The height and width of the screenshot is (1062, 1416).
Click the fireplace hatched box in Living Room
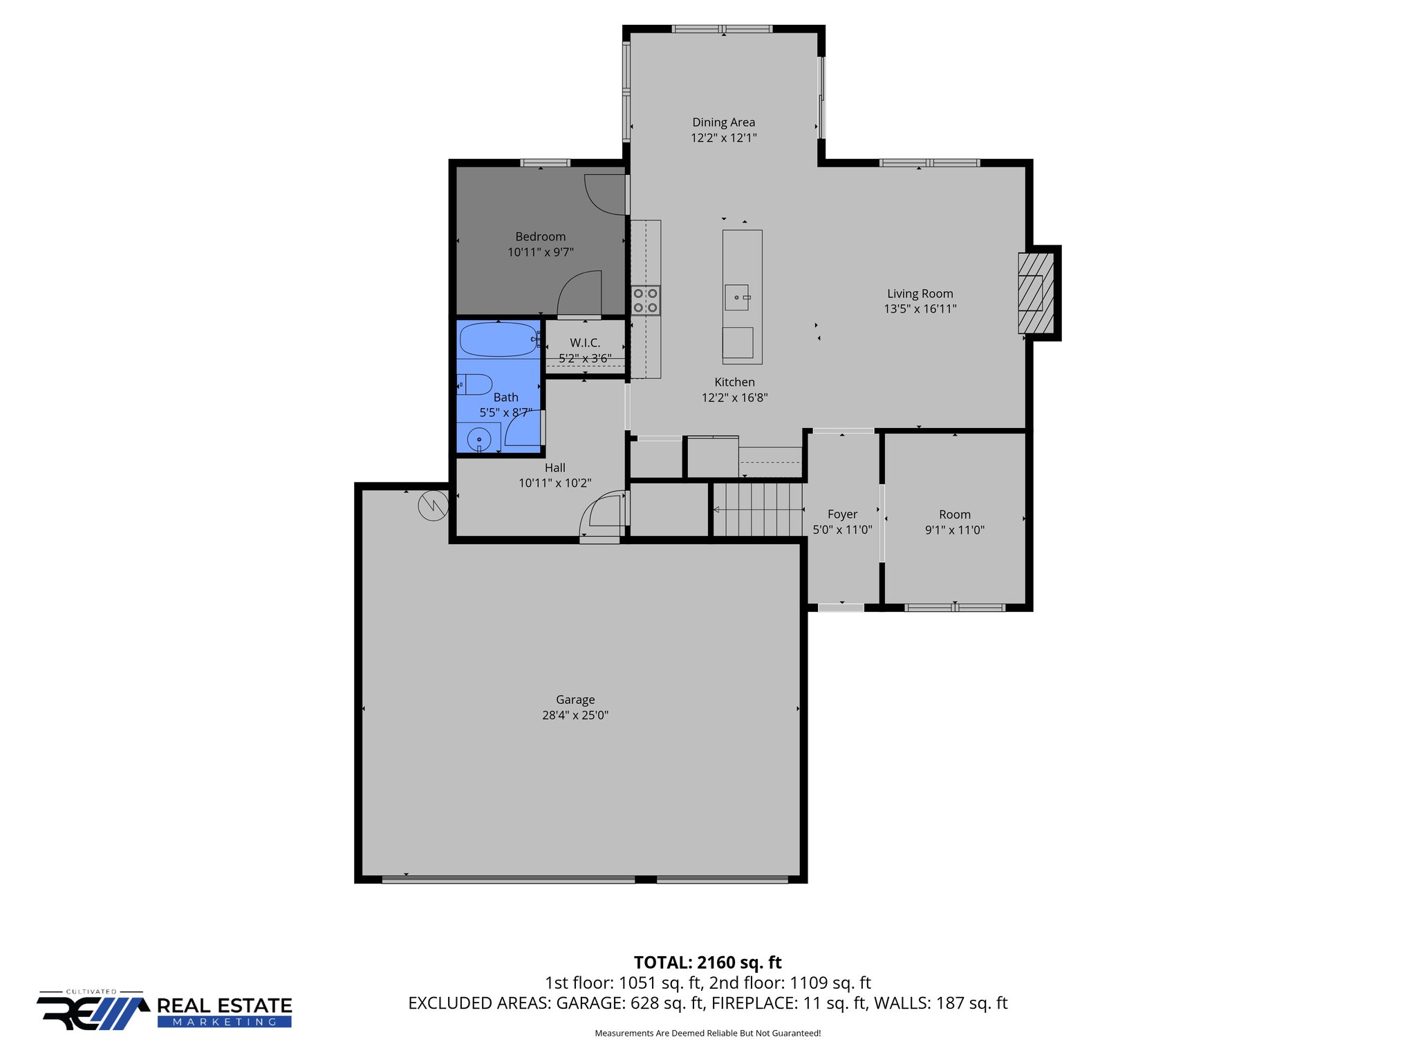[1035, 293]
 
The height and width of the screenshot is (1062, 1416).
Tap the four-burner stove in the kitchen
[645, 301]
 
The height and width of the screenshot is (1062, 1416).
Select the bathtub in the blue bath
[499, 339]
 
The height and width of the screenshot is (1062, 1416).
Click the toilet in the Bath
[476, 384]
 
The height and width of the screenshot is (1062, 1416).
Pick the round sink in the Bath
[479, 439]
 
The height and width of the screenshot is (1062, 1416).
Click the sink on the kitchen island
[737, 297]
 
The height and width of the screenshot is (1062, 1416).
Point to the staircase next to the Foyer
[758, 510]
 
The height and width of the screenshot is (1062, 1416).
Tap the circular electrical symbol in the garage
[433, 506]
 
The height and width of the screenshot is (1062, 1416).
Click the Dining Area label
[723, 122]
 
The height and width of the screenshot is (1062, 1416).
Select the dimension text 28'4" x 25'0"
[575, 715]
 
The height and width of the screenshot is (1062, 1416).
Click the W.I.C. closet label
[585, 343]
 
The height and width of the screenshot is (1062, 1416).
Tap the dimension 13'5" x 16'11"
[920, 309]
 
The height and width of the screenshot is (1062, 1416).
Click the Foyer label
[842, 514]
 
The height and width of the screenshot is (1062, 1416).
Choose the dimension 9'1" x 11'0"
[954, 530]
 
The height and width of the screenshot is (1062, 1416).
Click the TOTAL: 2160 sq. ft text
[707, 962]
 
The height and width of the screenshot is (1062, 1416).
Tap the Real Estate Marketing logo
[165, 1012]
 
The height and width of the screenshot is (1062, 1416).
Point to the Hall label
[555, 468]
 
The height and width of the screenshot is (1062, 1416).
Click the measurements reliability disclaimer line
[707, 1034]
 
